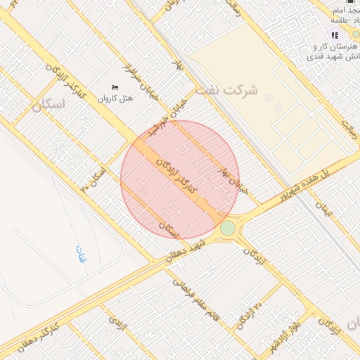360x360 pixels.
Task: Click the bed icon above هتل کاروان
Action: click(x=115, y=87)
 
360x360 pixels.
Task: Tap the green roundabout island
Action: click(x=227, y=229)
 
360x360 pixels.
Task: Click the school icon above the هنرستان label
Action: click(x=335, y=35)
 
